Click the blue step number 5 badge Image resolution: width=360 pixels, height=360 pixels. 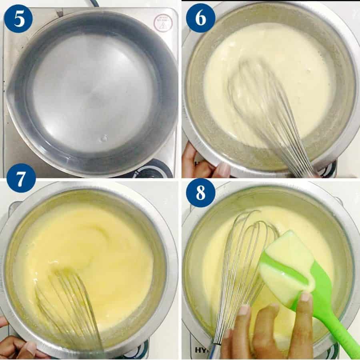click(18, 18)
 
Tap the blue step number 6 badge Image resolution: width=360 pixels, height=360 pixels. click(200, 18)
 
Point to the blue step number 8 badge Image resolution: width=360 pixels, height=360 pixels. click(200, 192)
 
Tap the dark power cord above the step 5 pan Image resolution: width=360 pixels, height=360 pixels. click(94, 3)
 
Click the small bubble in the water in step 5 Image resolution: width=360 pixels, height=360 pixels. click(104, 138)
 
